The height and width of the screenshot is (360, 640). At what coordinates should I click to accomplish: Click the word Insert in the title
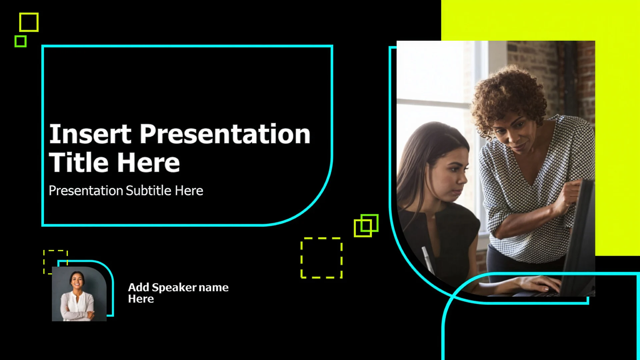tap(90, 134)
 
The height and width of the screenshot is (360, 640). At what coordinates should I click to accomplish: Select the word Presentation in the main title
tap(225, 134)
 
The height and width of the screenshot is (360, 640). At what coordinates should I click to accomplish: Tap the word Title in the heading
tap(79, 163)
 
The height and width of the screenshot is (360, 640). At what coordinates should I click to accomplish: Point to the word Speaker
tap(174, 287)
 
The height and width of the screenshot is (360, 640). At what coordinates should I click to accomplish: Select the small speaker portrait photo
tap(79, 294)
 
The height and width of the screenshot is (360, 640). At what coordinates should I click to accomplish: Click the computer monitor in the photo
tap(580, 237)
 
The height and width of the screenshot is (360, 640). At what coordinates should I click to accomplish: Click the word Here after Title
tap(148, 163)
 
